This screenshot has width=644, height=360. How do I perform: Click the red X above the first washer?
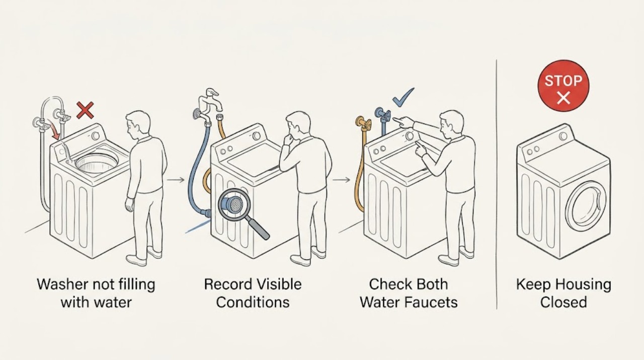(85, 110)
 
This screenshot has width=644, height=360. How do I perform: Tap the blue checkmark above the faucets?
(403, 98)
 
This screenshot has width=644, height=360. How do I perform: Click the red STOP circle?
(563, 86)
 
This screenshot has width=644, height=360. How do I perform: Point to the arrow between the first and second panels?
(176, 180)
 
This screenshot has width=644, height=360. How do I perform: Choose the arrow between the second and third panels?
(342, 180)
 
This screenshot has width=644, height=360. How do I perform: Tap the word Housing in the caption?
(584, 284)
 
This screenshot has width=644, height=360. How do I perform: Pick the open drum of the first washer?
(97, 163)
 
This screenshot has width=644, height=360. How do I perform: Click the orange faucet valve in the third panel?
(363, 123)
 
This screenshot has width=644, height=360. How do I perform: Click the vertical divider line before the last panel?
(497, 184)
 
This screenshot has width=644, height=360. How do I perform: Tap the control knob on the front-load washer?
(563, 136)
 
